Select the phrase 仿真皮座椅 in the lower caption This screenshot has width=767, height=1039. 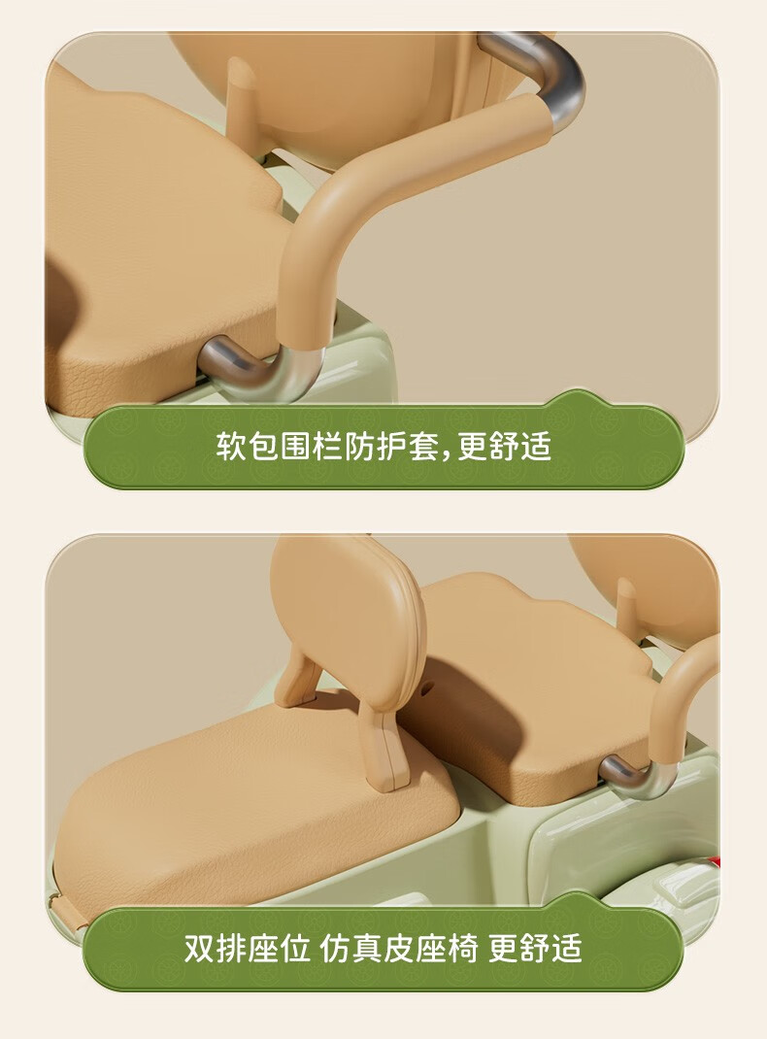click(x=399, y=949)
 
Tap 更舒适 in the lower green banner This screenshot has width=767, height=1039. click(x=536, y=949)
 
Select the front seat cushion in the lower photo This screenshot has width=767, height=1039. click(x=251, y=809)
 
